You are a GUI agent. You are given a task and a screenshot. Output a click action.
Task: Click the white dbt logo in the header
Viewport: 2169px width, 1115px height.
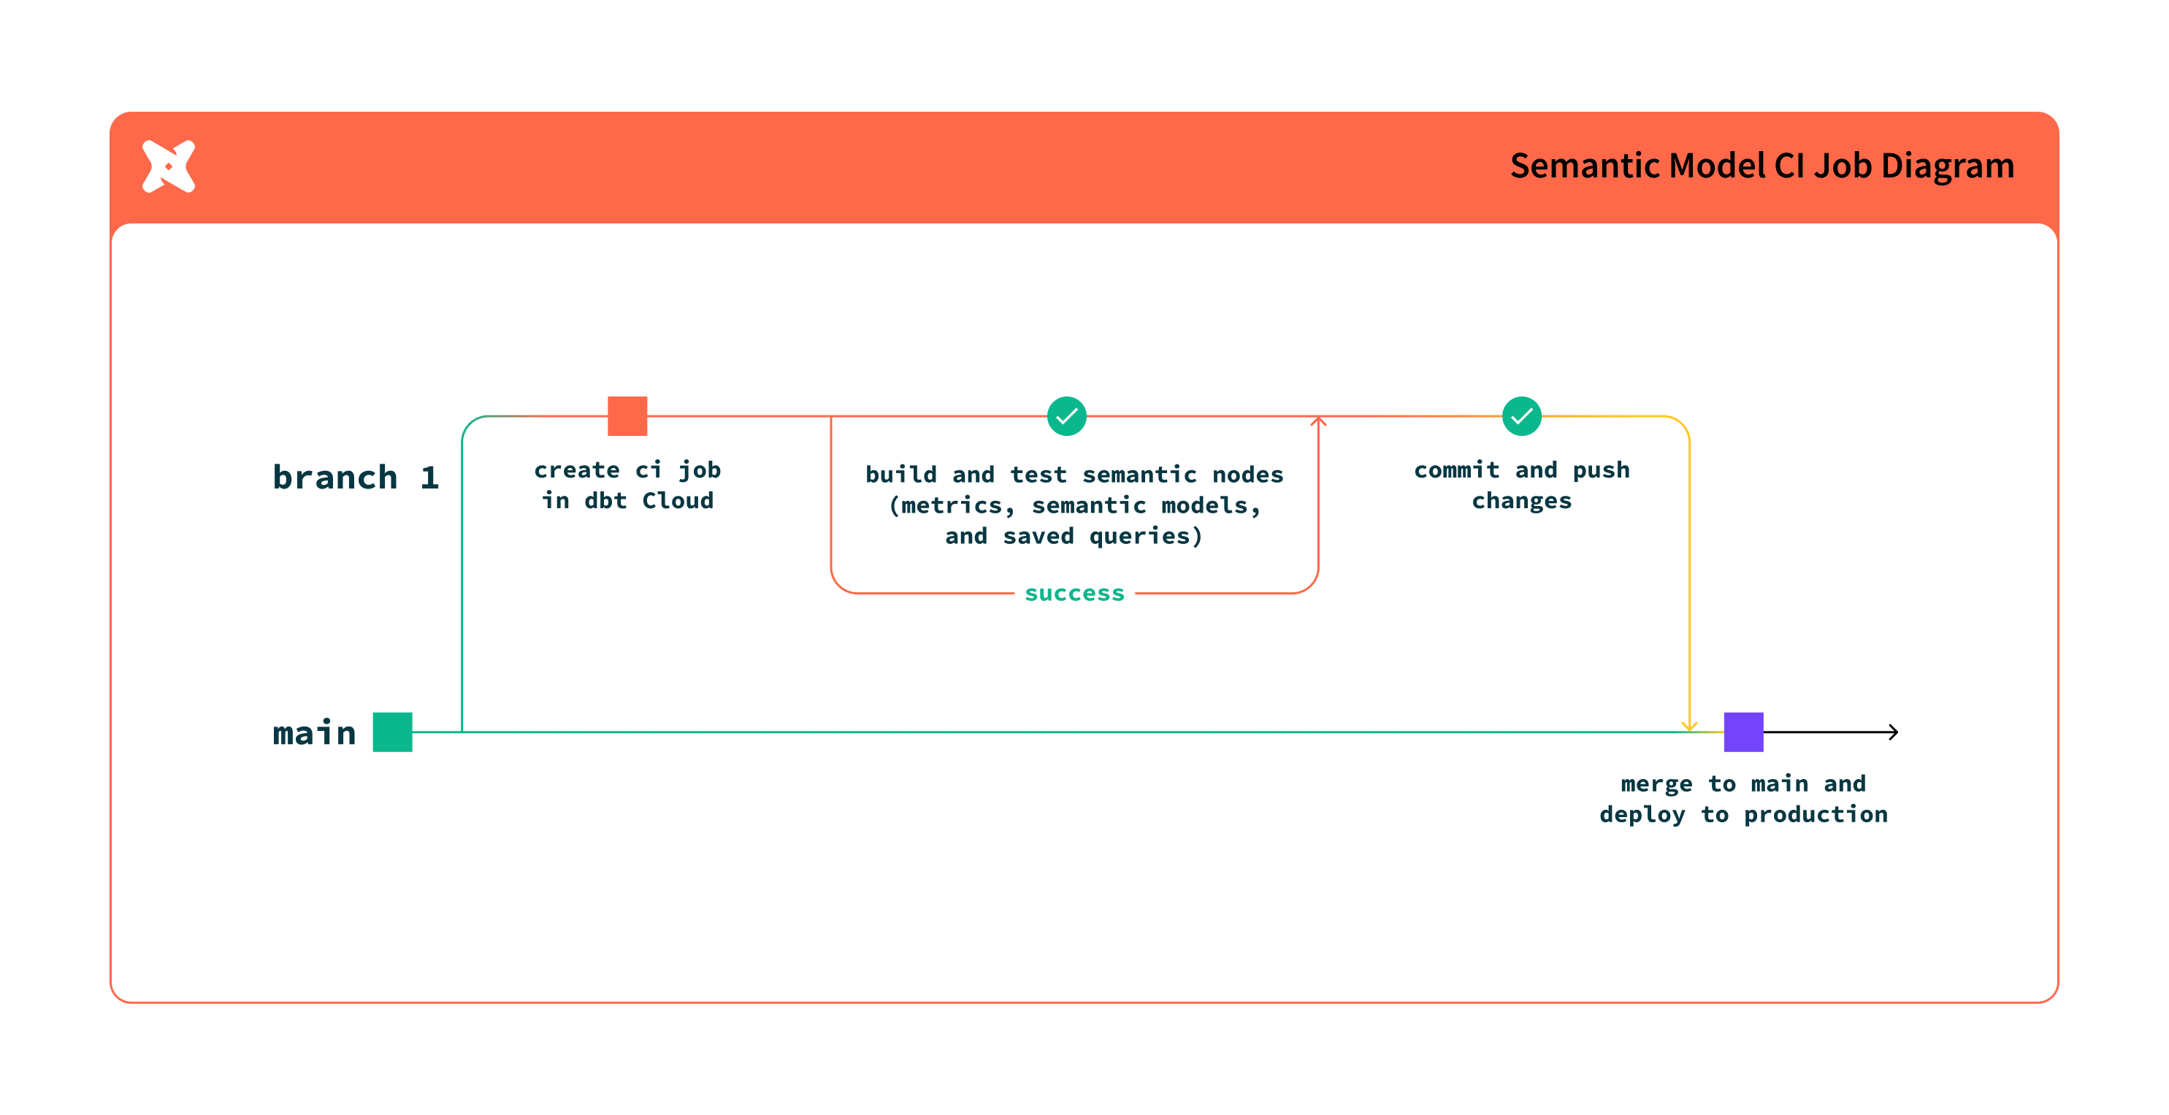coord(169,166)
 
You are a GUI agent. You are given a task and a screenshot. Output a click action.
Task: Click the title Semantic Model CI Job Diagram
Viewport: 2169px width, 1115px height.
coord(1761,166)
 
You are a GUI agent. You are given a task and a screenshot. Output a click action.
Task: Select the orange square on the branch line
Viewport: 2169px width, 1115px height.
coord(627,416)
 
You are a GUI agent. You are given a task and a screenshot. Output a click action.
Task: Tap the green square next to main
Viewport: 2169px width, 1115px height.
coord(392,732)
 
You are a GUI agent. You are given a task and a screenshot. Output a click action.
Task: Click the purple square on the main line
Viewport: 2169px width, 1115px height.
coord(1743,732)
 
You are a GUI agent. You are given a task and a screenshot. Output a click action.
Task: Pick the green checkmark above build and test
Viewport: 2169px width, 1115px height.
coord(1067,416)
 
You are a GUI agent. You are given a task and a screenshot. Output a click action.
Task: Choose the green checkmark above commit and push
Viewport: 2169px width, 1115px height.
coord(1521,416)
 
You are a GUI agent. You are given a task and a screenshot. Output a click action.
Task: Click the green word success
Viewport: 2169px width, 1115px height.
coord(1074,594)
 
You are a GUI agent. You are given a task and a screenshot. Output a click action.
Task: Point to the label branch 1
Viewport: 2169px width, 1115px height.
coord(356,478)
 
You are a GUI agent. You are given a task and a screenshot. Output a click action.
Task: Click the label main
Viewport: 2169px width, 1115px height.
coord(314,732)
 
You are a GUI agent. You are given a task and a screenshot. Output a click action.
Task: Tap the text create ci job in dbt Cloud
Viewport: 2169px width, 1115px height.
coord(627,485)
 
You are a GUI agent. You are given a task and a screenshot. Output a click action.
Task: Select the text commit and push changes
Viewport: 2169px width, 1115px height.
coord(1521,485)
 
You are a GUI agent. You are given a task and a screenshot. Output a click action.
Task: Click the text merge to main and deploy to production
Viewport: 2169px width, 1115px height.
coord(1743,798)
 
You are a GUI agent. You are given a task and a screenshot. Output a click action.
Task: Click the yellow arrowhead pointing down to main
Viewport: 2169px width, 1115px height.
coord(1689,726)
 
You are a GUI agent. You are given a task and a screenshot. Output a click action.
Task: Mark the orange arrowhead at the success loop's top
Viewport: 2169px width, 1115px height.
coord(1319,421)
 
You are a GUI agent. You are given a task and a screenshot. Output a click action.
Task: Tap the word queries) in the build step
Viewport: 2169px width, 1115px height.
coord(1146,537)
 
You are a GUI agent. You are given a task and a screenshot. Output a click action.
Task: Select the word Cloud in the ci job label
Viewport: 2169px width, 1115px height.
coord(678,501)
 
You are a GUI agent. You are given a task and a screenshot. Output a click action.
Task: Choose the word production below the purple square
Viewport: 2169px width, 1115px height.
coord(1816,814)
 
